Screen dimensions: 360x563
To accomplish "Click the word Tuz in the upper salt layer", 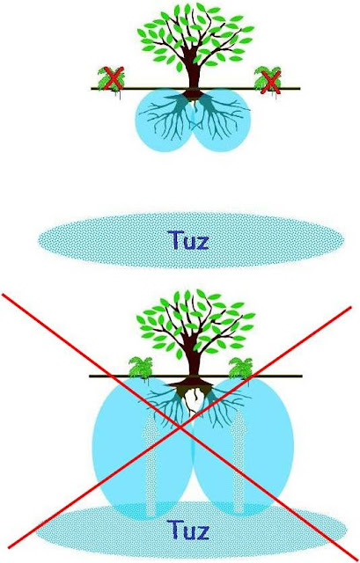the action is point(187,240).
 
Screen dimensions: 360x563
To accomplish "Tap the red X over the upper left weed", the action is point(114,78).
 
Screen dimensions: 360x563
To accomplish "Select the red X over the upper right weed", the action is point(270,82).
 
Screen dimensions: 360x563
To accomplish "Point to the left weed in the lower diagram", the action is point(141,368).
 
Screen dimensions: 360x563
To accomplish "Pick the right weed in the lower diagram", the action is point(241,368).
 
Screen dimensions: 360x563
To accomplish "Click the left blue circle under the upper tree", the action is point(165,121).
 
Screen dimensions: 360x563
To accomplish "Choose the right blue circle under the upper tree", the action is point(221,121).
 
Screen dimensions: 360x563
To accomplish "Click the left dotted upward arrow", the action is point(151,464).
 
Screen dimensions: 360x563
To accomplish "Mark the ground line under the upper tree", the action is point(195,88).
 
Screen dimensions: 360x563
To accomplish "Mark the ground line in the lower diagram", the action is point(195,376).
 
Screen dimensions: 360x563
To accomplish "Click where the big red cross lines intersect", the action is point(180,427).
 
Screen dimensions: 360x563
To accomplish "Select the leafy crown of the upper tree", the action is point(195,36).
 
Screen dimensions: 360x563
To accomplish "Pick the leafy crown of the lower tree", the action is point(195,323).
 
